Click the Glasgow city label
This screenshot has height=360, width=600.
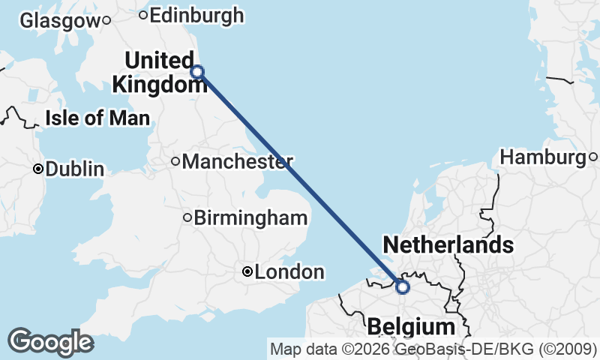tap(59, 21)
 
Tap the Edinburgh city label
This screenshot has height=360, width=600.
tap(196, 15)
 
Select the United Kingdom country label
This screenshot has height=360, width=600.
tap(158, 73)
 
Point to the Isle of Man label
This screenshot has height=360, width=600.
tap(97, 118)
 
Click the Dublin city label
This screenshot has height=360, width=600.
tap(74, 169)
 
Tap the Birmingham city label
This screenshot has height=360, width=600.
tap(250, 218)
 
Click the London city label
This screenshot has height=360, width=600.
tap(289, 272)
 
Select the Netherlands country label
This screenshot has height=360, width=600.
tap(448, 244)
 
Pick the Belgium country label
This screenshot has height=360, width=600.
tap(410, 327)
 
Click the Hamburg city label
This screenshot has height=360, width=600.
tap(542, 157)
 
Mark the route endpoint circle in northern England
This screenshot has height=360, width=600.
tap(197, 72)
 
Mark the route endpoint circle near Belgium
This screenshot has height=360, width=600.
tap(402, 287)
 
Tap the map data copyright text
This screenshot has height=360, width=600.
tap(433, 349)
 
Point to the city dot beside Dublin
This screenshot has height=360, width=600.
tap(37, 169)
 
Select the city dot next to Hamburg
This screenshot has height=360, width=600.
tap(592, 157)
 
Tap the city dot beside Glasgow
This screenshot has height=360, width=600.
tap(107, 20)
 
